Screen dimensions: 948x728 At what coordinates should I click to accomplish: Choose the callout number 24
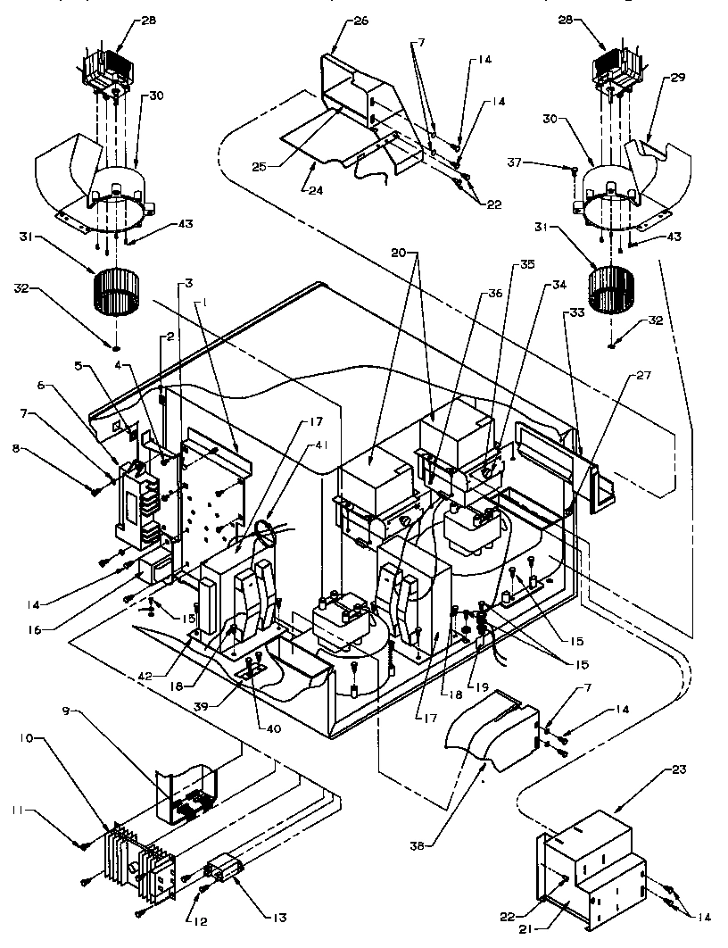313,189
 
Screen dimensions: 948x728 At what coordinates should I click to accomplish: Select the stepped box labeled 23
593,861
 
